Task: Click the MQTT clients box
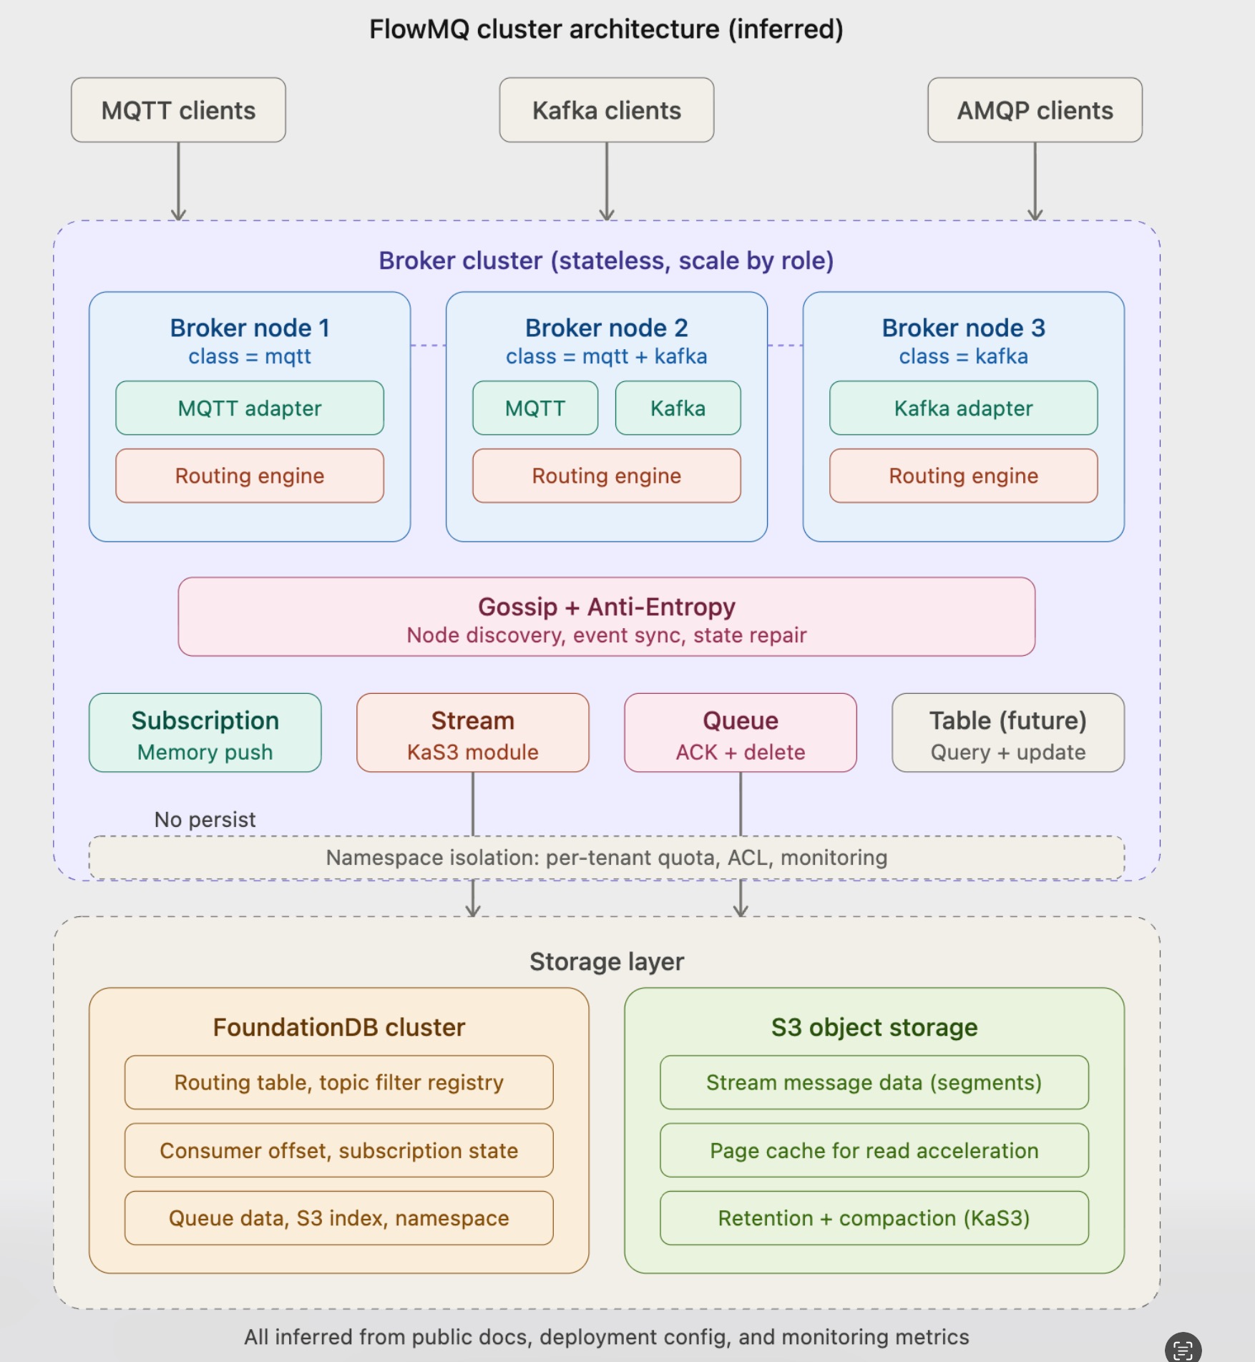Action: pyautogui.click(x=178, y=110)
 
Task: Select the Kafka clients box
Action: pyautogui.click(x=606, y=110)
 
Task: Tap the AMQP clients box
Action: pyautogui.click(x=1035, y=110)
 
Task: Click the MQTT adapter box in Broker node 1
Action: pyautogui.click(x=250, y=408)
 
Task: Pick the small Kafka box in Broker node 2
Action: pyautogui.click(x=678, y=408)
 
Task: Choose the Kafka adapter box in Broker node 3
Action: pyautogui.click(x=963, y=408)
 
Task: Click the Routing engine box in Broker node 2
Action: pyautogui.click(x=606, y=476)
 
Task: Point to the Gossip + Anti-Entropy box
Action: pyautogui.click(x=606, y=617)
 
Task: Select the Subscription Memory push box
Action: pyautogui.click(x=205, y=733)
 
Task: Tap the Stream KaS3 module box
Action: pyautogui.click(x=472, y=733)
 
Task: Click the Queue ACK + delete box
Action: pyautogui.click(x=740, y=733)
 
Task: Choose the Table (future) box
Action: pyautogui.click(x=1007, y=733)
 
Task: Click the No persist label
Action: pyautogui.click(x=205, y=819)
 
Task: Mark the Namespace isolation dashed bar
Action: pyautogui.click(x=606, y=857)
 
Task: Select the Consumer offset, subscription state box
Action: pyautogui.click(x=338, y=1150)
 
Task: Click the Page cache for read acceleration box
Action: pyautogui.click(x=874, y=1150)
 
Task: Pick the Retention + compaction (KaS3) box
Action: pyautogui.click(x=874, y=1218)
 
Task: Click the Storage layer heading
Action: pyautogui.click(x=606, y=961)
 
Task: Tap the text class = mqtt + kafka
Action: pyautogui.click(x=606, y=356)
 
